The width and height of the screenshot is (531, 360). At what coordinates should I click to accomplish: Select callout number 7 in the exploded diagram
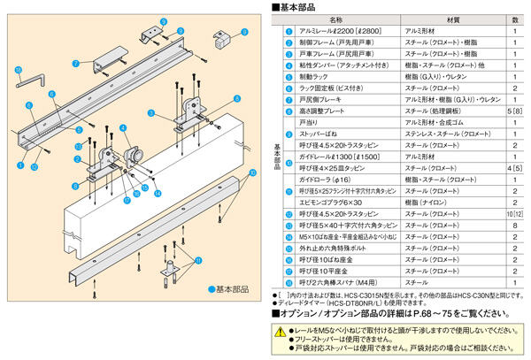pos(77,63)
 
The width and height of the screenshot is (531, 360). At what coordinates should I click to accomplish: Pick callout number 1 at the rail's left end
pos(20,165)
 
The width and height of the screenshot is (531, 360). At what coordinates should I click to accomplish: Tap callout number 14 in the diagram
pos(158,191)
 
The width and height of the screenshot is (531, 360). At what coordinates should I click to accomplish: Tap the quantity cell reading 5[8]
pos(514,112)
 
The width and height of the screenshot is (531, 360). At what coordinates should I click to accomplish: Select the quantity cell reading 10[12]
pos(514,215)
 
